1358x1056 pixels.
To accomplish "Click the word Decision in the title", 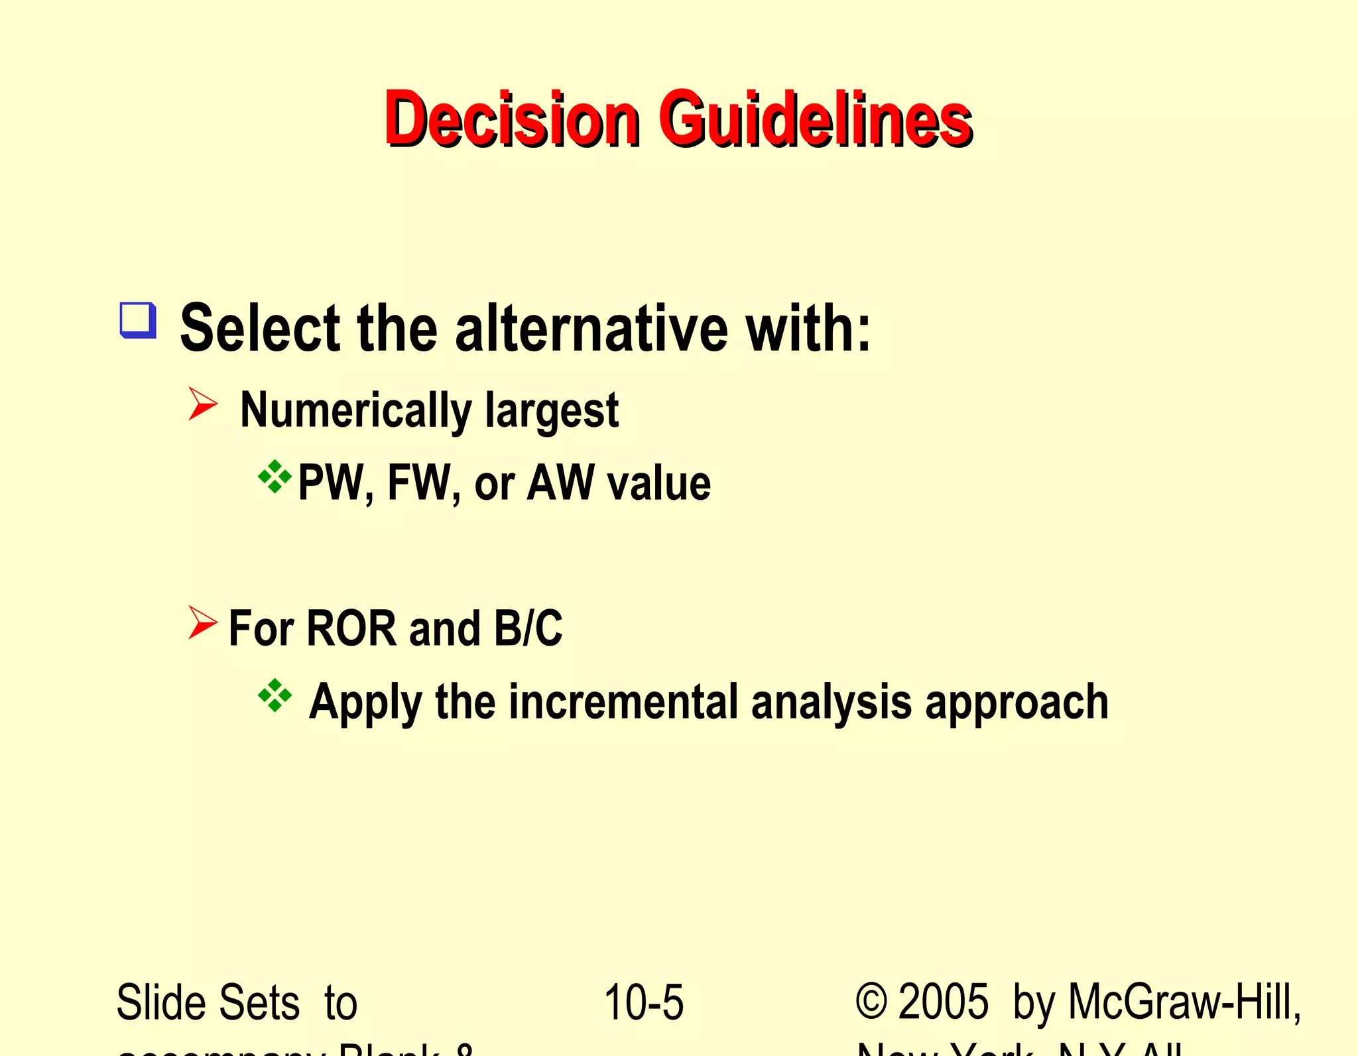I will tap(512, 119).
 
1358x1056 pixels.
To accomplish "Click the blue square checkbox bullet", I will tap(138, 320).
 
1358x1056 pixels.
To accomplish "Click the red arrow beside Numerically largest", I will tap(202, 404).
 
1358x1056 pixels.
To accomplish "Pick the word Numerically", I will tap(355, 411).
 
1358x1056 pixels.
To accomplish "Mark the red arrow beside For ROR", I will tap(202, 622).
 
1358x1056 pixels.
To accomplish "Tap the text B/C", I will tap(528, 628).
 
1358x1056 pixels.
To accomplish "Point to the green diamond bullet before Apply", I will tap(275, 696).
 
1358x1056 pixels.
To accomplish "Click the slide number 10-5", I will tap(643, 1002).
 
